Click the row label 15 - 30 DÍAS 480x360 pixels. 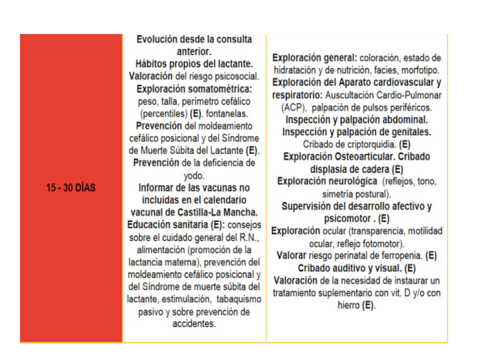(x=71, y=188)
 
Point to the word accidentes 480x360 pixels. (x=194, y=324)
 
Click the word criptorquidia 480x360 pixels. (x=368, y=144)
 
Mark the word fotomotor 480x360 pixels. (x=383, y=243)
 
